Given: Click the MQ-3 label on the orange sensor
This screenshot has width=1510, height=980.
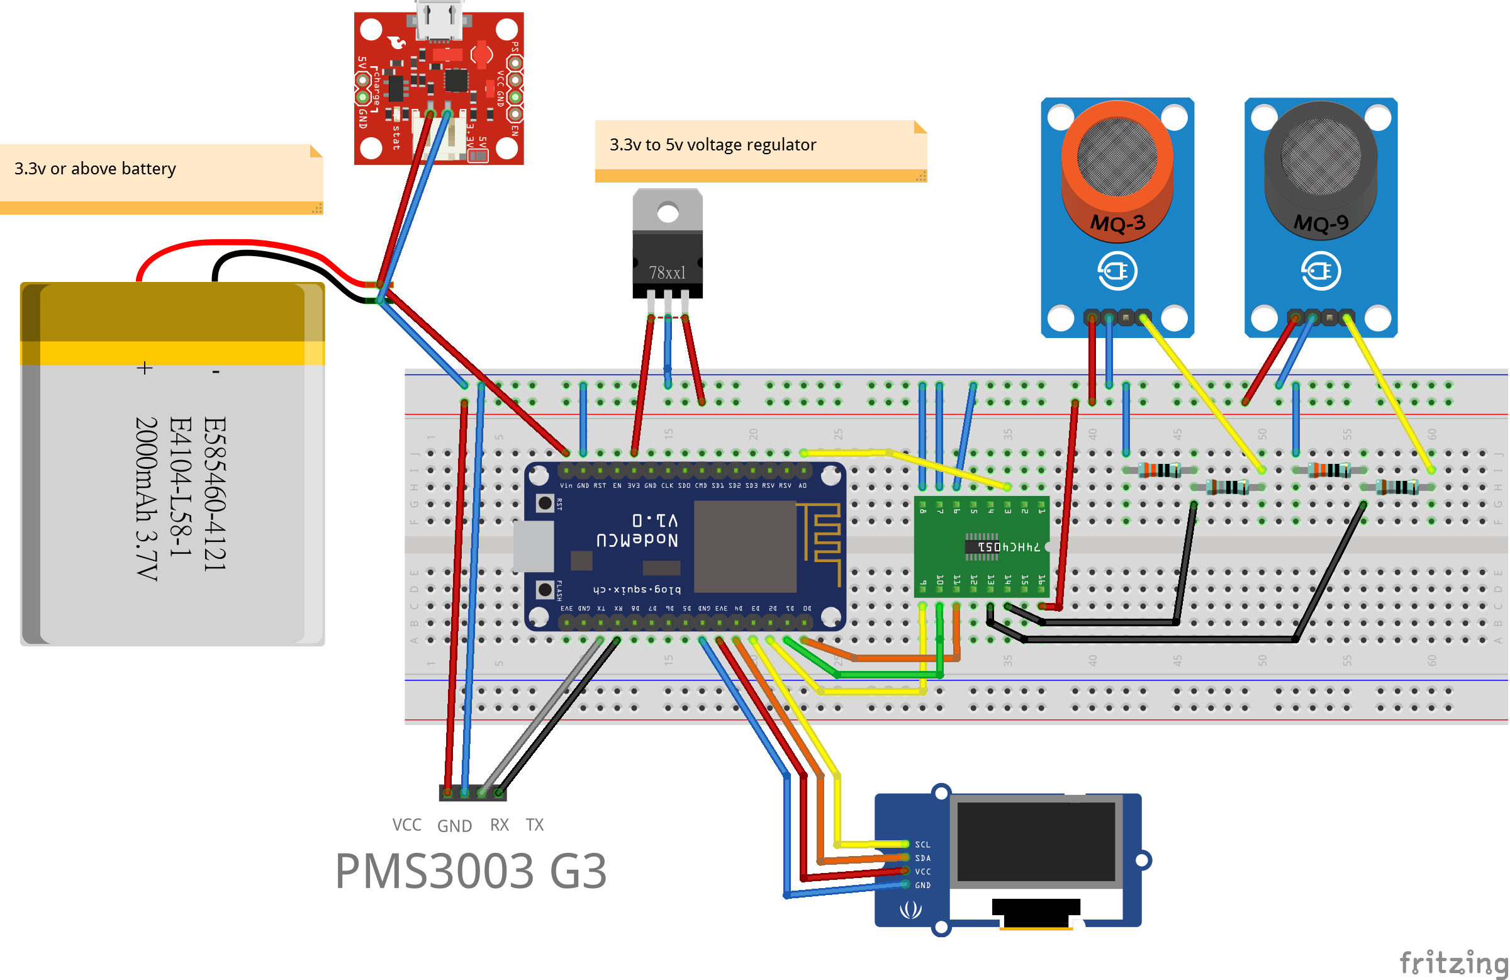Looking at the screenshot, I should [x=1117, y=223].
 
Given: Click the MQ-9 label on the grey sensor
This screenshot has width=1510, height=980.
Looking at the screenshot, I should [x=1321, y=223].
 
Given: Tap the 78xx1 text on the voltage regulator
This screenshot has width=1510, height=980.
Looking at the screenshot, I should [x=667, y=273].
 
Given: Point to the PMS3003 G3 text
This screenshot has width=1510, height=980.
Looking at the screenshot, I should [x=470, y=871].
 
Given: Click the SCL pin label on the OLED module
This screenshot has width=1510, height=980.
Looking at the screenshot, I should [x=922, y=844].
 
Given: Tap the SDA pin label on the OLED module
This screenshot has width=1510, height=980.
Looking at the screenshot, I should [x=922, y=857].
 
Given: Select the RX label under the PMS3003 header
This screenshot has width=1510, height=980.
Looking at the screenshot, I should [x=500, y=825].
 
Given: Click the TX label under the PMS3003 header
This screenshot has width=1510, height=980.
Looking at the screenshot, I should [x=534, y=825].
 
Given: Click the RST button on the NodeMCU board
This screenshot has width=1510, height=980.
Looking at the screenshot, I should [x=544, y=504].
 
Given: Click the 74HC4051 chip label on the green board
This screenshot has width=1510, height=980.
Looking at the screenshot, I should [x=1009, y=546].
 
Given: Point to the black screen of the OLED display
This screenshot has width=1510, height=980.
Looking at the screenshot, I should [x=1036, y=842].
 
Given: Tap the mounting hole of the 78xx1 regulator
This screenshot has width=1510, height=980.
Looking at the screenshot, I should [x=668, y=213].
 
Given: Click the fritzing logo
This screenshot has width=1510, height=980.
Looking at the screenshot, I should [x=1453, y=962].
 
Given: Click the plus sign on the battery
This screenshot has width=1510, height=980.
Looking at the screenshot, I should [x=145, y=368].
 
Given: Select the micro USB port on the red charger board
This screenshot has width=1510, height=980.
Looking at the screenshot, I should [x=439, y=19].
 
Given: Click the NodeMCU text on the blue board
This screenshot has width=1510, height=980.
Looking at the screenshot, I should [x=637, y=539].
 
